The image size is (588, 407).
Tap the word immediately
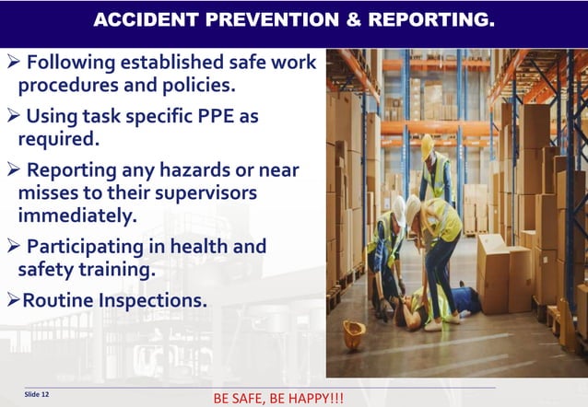coord(76,215)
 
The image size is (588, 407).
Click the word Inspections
coord(149,300)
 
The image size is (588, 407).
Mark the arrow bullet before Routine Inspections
coord(13,300)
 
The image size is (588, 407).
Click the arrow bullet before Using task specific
coord(13,117)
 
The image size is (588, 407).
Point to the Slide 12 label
coord(37,393)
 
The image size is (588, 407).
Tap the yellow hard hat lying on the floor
coord(354,333)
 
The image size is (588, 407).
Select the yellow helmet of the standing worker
coord(427,143)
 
